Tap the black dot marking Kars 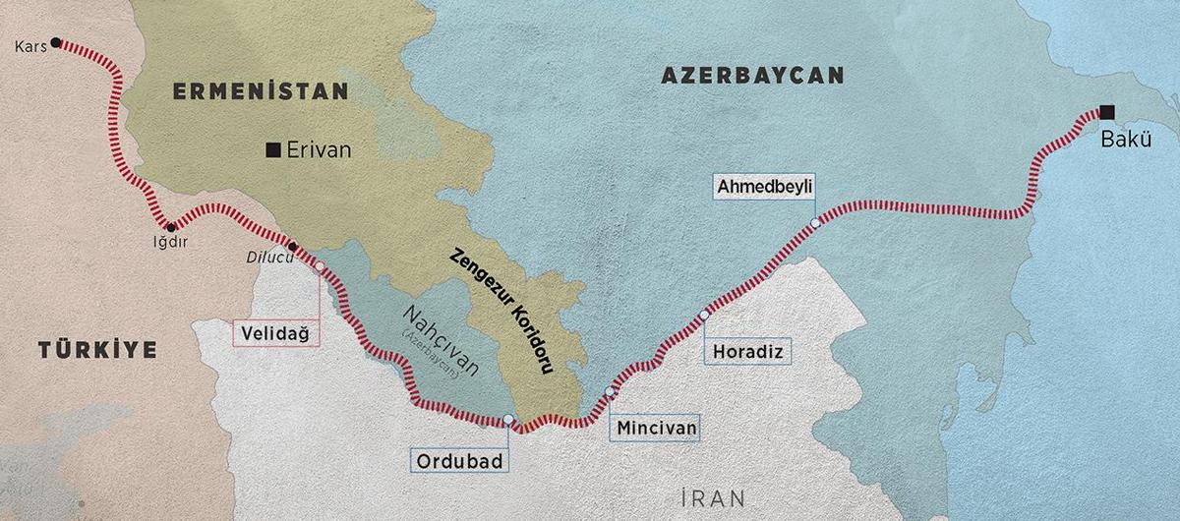tap(56, 42)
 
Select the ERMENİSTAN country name tap(261, 91)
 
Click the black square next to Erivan tap(273, 150)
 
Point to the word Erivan tap(319, 150)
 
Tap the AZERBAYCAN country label tap(752, 76)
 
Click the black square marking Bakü tap(1107, 111)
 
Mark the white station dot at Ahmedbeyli tap(815, 223)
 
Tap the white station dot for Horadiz tap(703, 316)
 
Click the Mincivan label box tap(655, 429)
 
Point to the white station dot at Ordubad tap(507, 420)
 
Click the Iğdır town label tap(168, 241)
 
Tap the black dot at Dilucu tap(292, 246)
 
